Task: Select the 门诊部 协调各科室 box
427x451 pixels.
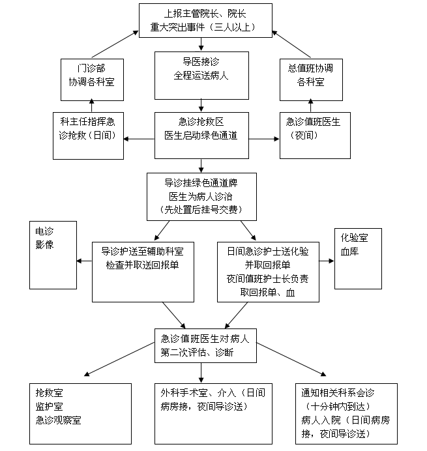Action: coord(91,78)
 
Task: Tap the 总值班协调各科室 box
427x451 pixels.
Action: coord(311,78)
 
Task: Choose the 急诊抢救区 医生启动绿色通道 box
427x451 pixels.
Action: coord(201,135)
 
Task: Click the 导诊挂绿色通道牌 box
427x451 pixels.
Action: coord(201,196)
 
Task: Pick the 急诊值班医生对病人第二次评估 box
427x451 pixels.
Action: coord(201,345)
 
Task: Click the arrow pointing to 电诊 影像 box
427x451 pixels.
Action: coord(84,261)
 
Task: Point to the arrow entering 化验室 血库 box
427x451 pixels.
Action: coord(327,261)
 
